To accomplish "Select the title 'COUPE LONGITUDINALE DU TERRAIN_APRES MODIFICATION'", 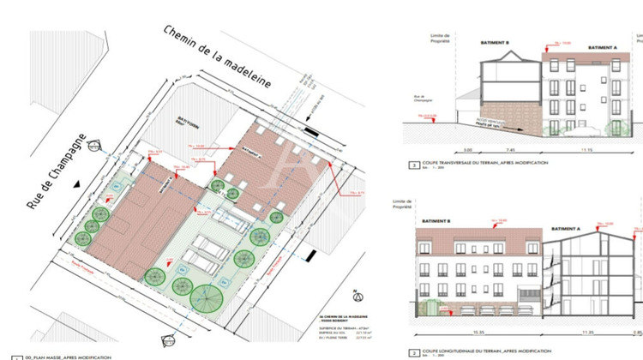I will [484, 351].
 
